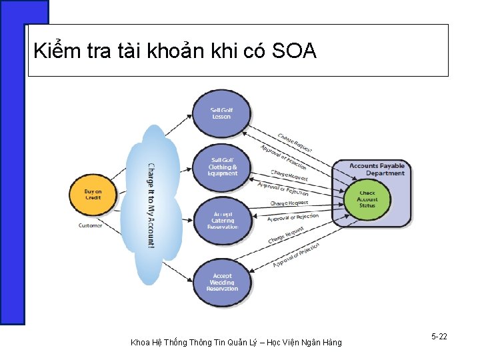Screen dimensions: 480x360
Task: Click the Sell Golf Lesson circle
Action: coord(221,114)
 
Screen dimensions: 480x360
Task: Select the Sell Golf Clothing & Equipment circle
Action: coord(222,167)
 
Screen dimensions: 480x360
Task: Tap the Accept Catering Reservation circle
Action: coord(222,221)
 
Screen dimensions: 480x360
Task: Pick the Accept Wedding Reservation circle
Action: coord(222,282)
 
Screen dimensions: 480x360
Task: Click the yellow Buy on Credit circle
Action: coord(93,195)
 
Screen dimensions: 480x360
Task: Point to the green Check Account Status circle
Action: coord(367,199)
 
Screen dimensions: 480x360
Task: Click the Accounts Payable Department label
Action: coord(377,169)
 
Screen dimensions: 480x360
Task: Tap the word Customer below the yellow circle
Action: coord(91,225)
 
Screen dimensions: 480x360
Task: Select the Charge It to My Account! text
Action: coord(151,205)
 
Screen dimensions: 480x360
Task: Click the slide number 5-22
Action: coord(439,337)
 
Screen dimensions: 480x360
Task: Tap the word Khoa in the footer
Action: coord(140,343)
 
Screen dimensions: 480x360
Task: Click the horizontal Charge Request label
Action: coord(289,203)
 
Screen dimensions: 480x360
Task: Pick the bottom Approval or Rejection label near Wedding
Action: coord(296,255)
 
